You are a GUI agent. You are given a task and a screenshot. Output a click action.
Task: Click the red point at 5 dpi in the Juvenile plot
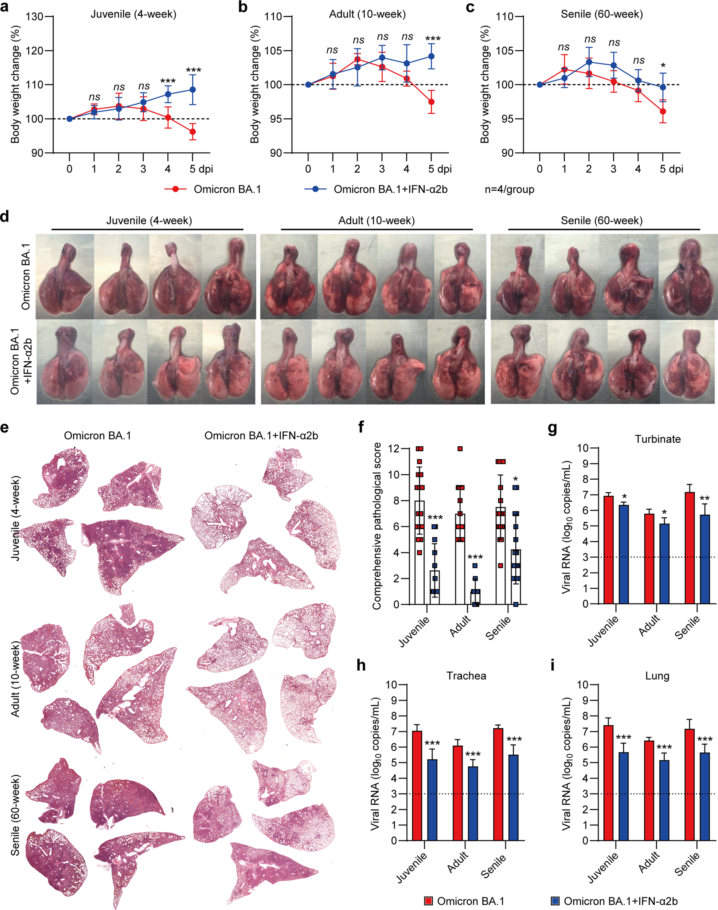(192, 132)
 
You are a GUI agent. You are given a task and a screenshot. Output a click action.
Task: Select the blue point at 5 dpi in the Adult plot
(431, 56)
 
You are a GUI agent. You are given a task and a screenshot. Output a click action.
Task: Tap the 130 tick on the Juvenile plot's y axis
(35, 17)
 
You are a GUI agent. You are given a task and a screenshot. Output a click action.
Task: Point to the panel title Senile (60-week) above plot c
(602, 14)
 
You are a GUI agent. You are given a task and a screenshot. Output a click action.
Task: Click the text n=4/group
(509, 189)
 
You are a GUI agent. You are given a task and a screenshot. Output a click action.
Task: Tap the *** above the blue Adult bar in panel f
(475, 557)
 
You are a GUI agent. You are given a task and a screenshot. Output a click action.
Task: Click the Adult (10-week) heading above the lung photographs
(376, 220)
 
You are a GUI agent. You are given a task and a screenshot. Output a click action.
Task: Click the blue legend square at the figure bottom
(555, 901)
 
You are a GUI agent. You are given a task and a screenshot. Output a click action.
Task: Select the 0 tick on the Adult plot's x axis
(308, 169)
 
